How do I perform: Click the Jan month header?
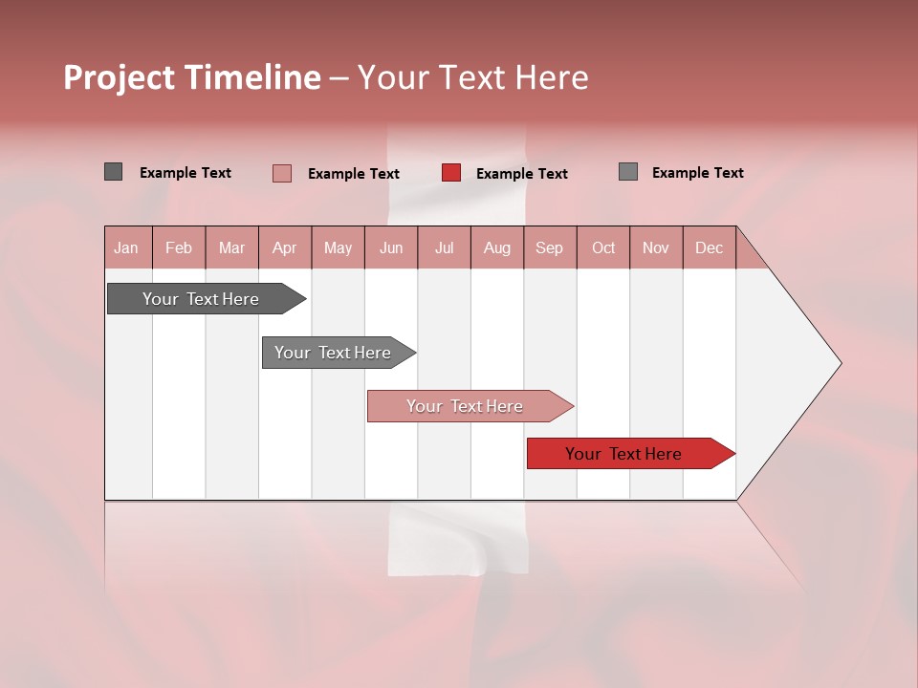click(126, 247)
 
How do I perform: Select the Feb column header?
click(179, 247)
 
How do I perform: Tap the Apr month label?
click(284, 247)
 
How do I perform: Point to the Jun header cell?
click(391, 247)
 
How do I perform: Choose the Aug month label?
click(496, 247)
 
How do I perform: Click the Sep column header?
click(549, 247)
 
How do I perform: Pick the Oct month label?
click(603, 247)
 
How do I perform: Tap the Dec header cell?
click(709, 247)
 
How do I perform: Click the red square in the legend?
click(451, 173)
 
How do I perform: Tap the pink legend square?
click(282, 173)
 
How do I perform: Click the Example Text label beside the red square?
click(521, 174)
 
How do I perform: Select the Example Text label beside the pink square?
click(353, 174)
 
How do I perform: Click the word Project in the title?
click(118, 77)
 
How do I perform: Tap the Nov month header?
click(655, 247)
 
